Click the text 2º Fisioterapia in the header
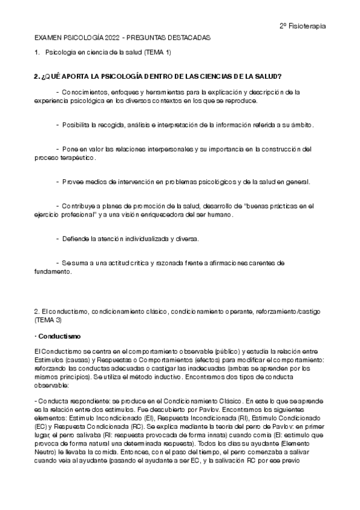(x=304, y=26)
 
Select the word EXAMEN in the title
(x=48, y=37)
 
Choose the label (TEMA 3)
(x=49, y=320)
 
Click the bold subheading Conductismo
(x=59, y=336)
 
